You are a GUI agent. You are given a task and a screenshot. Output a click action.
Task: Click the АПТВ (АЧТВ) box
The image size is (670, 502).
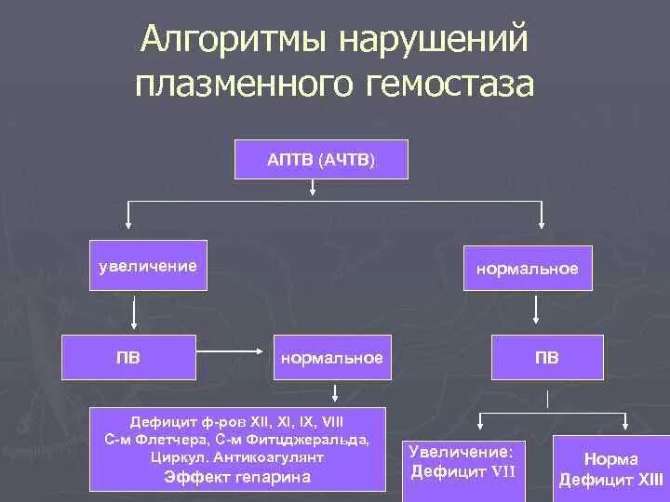(x=322, y=160)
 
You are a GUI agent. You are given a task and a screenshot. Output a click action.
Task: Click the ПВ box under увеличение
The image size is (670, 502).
(x=128, y=358)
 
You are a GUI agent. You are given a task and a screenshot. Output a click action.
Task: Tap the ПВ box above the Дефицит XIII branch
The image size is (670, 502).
(x=546, y=358)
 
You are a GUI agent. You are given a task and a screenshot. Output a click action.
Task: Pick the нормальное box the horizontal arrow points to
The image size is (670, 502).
(x=331, y=358)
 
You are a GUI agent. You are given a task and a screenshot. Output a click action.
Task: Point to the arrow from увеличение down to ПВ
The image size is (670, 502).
(x=136, y=313)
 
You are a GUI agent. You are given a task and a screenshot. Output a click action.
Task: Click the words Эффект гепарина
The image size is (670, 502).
(x=237, y=477)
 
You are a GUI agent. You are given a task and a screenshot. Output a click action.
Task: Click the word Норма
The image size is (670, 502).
(x=611, y=459)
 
